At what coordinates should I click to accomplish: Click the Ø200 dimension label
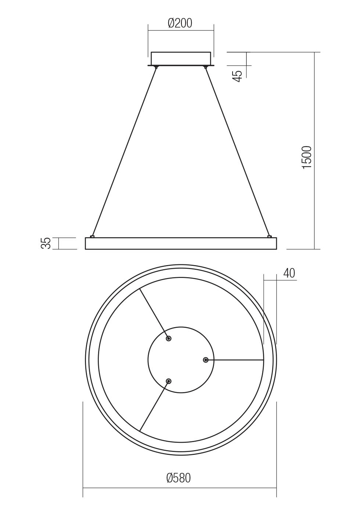tap(180, 23)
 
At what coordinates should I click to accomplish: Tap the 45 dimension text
tap(238, 76)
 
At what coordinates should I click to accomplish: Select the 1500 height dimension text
tap(307, 157)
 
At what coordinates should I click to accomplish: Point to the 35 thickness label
tap(46, 243)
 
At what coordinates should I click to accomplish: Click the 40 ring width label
tap(289, 273)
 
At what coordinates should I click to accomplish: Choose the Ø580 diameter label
tap(179, 478)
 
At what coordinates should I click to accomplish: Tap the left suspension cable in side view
tap(124, 151)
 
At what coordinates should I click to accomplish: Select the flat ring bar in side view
tap(181, 243)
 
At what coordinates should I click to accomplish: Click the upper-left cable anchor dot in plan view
tap(169, 339)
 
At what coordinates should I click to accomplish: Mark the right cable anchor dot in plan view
tap(206, 360)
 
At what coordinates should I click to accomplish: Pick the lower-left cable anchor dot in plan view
tap(169, 381)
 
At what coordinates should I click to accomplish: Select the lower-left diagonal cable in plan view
tap(154, 406)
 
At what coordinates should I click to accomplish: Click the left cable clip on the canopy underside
tap(156, 67)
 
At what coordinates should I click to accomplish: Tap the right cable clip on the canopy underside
tap(206, 67)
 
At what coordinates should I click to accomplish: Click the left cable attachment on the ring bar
tap(92, 236)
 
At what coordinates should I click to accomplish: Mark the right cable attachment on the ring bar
tap(269, 236)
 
